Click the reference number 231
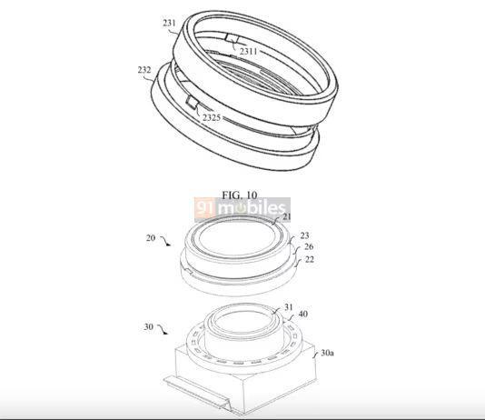pyautogui.click(x=169, y=23)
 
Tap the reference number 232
pyautogui.click(x=144, y=70)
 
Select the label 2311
pyautogui.click(x=248, y=51)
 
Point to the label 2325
pyautogui.click(x=212, y=117)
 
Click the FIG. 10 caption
pyautogui.click(x=240, y=195)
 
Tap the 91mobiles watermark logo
pyautogui.click(x=242, y=210)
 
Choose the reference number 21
pyautogui.click(x=287, y=216)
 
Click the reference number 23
pyautogui.click(x=304, y=235)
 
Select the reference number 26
pyautogui.click(x=309, y=246)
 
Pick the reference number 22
pyautogui.click(x=310, y=259)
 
